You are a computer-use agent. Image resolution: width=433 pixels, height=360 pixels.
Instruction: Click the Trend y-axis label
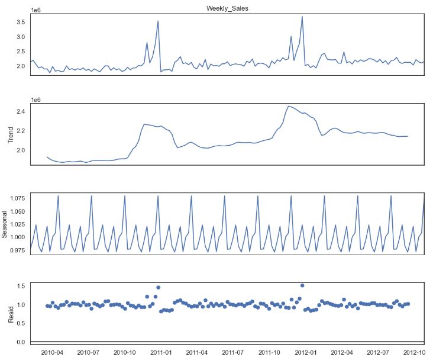pyautogui.click(x=10, y=134)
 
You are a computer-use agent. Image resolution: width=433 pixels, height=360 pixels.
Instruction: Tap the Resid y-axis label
pyautogui.click(x=10, y=313)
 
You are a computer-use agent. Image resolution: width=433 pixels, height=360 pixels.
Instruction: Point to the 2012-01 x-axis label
pyautogui.click(x=303, y=352)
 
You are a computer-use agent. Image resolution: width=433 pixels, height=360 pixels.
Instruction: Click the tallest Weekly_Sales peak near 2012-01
pyautogui.click(x=302, y=17)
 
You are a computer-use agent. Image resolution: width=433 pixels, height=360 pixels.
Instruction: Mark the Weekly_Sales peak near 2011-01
pyautogui.click(x=158, y=21)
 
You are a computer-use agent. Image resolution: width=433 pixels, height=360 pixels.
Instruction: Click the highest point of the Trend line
pyautogui.click(x=288, y=107)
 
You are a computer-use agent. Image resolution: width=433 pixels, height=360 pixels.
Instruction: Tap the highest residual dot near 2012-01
pyautogui.click(x=302, y=285)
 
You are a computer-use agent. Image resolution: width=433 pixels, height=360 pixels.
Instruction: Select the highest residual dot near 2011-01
pyautogui.click(x=158, y=287)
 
